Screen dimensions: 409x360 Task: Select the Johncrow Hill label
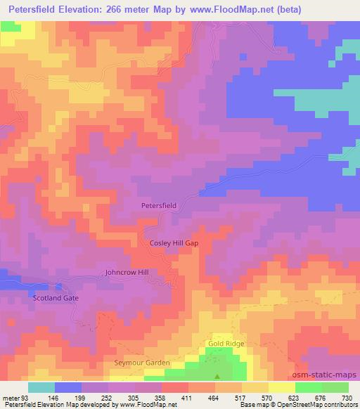tap(127, 271)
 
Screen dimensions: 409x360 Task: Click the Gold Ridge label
tap(224, 344)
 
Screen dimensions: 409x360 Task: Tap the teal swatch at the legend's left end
tap(41, 387)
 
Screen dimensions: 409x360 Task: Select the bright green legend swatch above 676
tap(308, 387)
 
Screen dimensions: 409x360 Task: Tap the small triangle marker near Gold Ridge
tap(217, 375)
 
